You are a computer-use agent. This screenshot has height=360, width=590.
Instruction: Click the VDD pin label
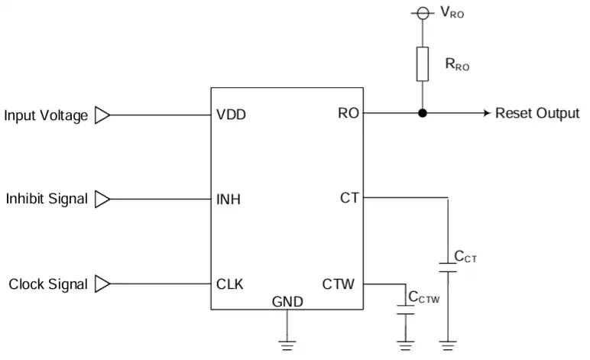pyautogui.click(x=231, y=115)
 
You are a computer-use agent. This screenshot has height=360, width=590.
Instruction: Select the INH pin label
pyautogui.click(x=229, y=199)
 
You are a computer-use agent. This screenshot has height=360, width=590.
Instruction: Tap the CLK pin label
pyautogui.click(x=230, y=284)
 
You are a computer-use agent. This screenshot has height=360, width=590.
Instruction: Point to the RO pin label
pyautogui.click(x=348, y=113)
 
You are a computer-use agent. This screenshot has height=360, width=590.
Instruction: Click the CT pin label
pyautogui.click(x=349, y=198)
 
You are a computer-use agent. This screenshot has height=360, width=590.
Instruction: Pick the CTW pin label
pyautogui.click(x=339, y=284)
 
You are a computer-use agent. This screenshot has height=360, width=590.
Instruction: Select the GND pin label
pyautogui.click(x=287, y=302)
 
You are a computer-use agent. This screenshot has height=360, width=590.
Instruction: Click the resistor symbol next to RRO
pyautogui.click(x=423, y=64)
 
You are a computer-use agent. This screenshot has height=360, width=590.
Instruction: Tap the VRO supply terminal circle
pyautogui.click(x=423, y=14)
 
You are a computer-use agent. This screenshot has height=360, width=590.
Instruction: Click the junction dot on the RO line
pyautogui.click(x=423, y=113)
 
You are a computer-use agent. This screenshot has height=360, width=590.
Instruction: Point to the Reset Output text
pyautogui.click(x=537, y=113)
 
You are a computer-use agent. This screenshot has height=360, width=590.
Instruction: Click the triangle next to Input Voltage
pyautogui.click(x=102, y=115)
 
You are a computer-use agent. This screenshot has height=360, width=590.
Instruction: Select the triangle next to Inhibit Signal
pyautogui.click(x=102, y=199)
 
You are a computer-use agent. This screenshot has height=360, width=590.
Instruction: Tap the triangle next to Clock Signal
pyautogui.click(x=102, y=284)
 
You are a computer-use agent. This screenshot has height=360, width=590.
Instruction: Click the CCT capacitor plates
pyautogui.click(x=448, y=268)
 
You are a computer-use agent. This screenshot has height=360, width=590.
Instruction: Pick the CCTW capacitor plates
pyautogui.click(x=406, y=310)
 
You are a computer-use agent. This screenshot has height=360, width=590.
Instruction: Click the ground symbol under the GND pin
pyautogui.click(x=287, y=345)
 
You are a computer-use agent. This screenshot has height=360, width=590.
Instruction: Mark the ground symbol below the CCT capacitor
pyautogui.click(x=448, y=345)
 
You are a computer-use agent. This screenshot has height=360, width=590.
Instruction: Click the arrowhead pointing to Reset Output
pyautogui.click(x=488, y=113)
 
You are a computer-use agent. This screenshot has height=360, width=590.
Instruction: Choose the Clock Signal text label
pyautogui.click(x=48, y=284)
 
